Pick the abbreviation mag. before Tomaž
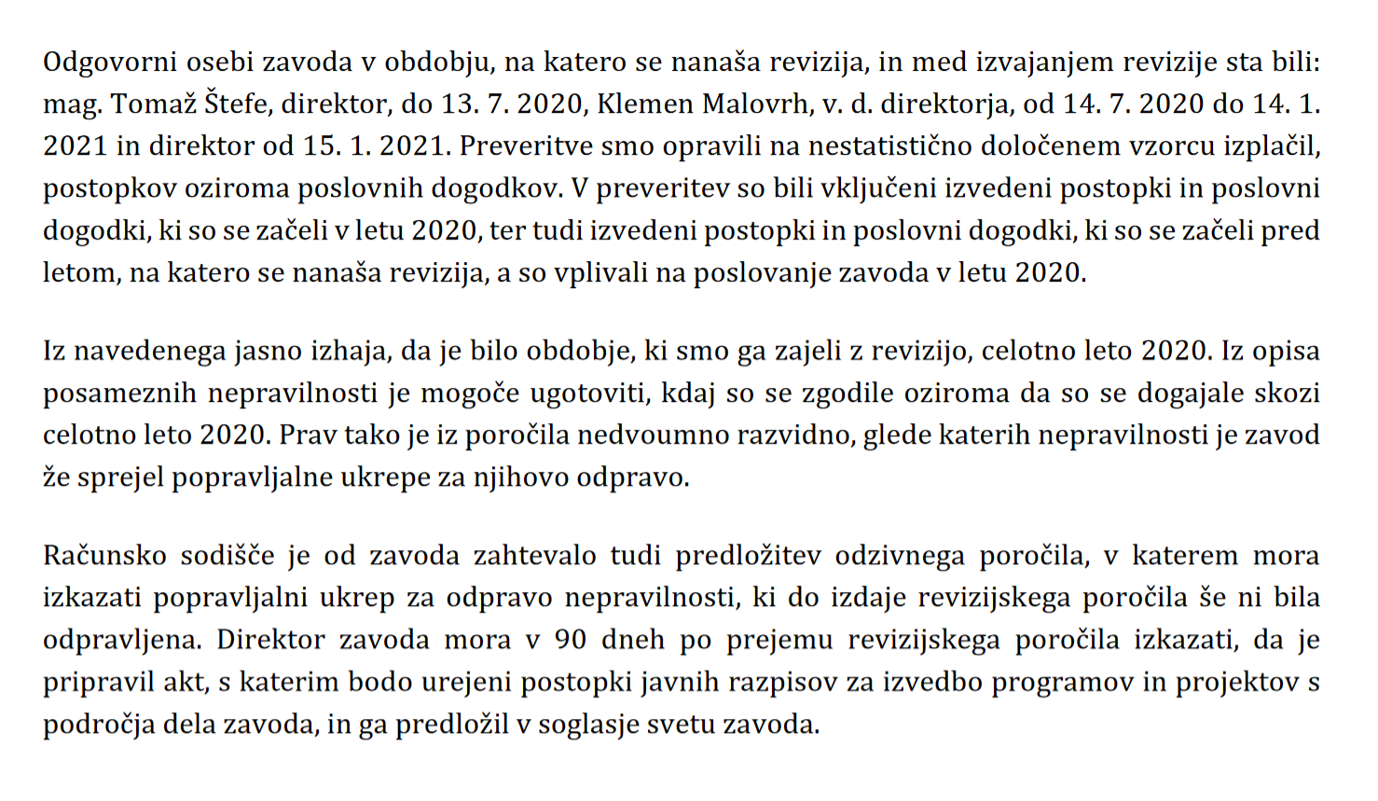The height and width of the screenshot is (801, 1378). [x=73, y=104]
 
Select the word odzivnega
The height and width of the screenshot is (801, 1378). [x=900, y=557]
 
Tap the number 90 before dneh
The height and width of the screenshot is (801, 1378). [x=571, y=641]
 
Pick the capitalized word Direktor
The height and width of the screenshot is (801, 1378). [x=270, y=641]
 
